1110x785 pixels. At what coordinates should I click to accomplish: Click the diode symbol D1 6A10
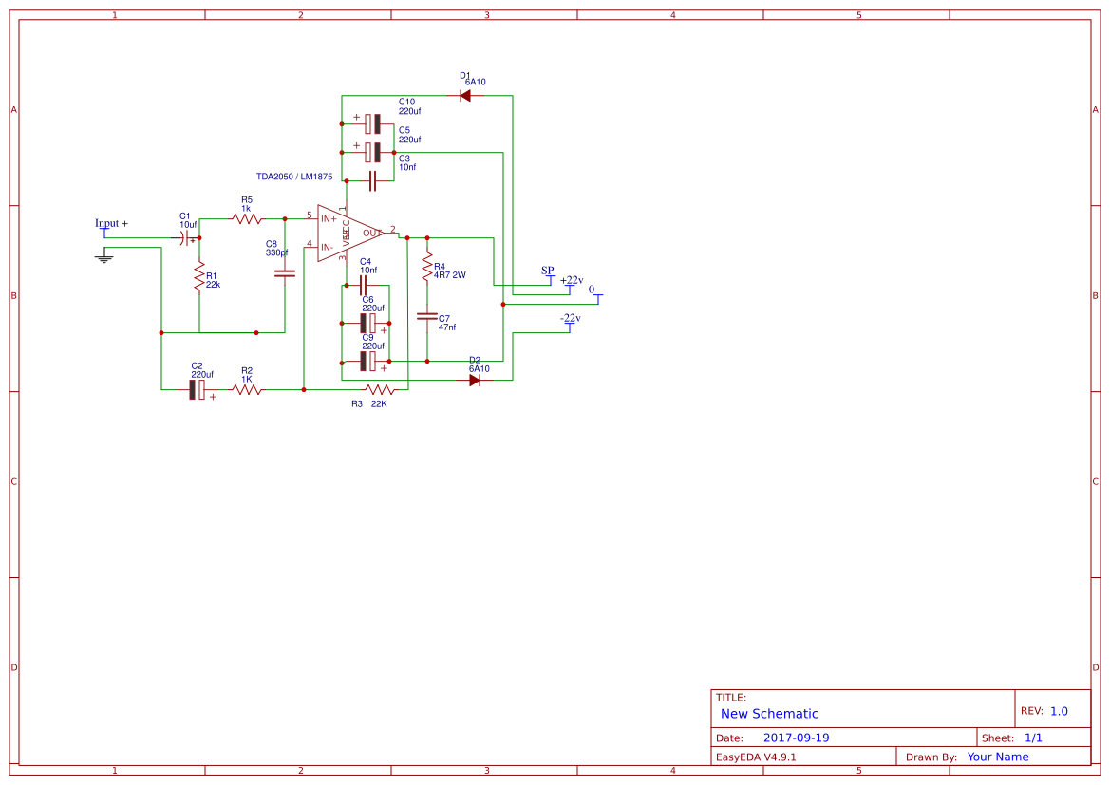(x=465, y=95)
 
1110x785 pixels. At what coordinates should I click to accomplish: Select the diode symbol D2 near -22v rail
(x=475, y=380)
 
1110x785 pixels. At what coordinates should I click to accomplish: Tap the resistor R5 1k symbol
(x=247, y=218)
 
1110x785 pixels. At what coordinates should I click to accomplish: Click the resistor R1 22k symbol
(x=199, y=278)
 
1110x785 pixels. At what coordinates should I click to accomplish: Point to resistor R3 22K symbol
(x=380, y=389)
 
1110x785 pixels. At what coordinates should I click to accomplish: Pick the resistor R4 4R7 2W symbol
(x=427, y=267)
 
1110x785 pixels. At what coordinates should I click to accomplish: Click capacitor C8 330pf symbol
(x=285, y=273)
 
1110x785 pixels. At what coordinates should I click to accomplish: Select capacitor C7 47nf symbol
(x=427, y=315)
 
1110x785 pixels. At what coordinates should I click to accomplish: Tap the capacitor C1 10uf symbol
(x=186, y=237)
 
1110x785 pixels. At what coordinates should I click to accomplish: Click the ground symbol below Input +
(x=104, y=255)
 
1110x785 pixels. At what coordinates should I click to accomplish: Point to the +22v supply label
(x=572, y=280)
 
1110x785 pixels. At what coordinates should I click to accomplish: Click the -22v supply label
(x=570, y=318)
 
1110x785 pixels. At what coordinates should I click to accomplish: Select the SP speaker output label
(x=548, y=271)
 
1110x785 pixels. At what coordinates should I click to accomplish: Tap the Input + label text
(x=111, y=223)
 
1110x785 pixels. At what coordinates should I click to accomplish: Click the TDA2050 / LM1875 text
(x=294, y=177)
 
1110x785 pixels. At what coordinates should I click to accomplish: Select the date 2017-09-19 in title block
(x=796, y=738)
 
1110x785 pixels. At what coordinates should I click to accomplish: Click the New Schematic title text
(x=769, y=714)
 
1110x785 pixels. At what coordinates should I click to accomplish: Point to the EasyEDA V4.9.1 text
(x=756, y=757)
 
